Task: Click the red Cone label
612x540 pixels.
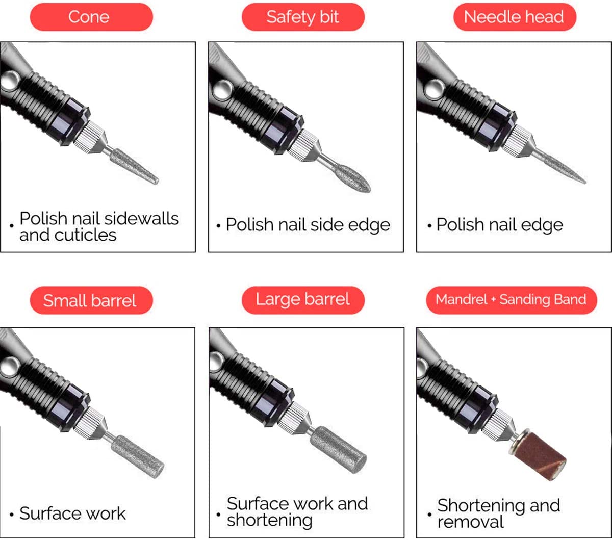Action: [x=91, y=17]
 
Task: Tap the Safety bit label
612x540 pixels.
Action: [x=303, y=17]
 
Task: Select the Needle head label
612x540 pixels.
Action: [x=515, y=17]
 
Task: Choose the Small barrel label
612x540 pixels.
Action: [x=91, y=300]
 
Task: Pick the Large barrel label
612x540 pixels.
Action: [x=303, y=300]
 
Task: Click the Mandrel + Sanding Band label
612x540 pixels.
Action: [x=512, y=300]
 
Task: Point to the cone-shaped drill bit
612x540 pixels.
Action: [x=134, y=166]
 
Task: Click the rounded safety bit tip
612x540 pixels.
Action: [x=352, y=178]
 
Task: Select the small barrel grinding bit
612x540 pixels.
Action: [x=138, y=457]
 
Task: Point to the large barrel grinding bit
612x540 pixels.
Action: [x=339, y=450]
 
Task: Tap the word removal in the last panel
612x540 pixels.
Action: [x=471, y=522]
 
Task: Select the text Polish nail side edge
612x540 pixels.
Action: [x=308, y=225]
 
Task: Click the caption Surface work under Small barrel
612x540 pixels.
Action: [x=72, y=513]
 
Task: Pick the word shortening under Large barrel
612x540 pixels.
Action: [x=270, y=521]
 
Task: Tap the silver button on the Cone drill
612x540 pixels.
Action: [x=10, y=81]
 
